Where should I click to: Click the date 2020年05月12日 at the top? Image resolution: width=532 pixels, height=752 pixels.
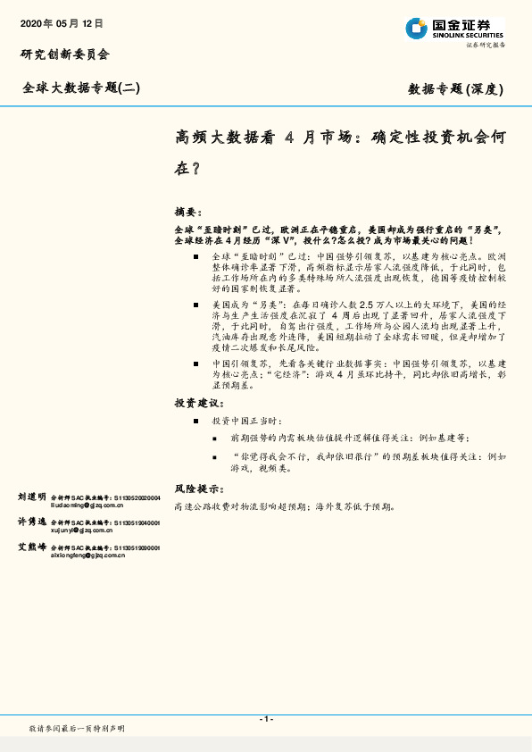(62, 23)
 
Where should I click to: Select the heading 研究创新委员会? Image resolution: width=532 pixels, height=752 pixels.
(64, 54)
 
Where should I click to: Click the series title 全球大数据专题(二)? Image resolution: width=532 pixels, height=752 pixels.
(81, 88)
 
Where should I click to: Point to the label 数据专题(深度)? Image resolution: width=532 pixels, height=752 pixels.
(456, 88)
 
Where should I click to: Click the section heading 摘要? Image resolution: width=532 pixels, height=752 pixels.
(188, 213)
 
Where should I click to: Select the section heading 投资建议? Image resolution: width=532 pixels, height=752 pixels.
(199, 403)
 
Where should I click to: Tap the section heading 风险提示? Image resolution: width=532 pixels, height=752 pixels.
(199, 489)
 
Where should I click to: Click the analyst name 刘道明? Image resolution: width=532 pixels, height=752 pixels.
(32, 497)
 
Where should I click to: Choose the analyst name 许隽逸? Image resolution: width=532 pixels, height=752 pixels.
(32, 522)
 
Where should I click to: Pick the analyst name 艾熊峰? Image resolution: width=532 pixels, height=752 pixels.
(32, 547)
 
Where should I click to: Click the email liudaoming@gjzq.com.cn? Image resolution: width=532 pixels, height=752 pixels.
(87, 505)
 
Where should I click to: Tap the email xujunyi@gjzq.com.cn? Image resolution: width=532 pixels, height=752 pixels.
(83, 530)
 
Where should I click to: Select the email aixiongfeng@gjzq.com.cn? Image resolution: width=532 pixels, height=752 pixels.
(87, 555)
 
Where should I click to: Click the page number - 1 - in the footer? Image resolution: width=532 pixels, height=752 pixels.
(265, 719)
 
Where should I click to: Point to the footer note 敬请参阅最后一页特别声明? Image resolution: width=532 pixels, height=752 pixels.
(77, 729)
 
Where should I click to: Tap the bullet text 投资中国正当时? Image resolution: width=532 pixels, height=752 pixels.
(246, 420)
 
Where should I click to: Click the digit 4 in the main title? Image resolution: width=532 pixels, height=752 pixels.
(288, 138)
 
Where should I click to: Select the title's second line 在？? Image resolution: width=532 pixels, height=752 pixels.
(187, 167)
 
